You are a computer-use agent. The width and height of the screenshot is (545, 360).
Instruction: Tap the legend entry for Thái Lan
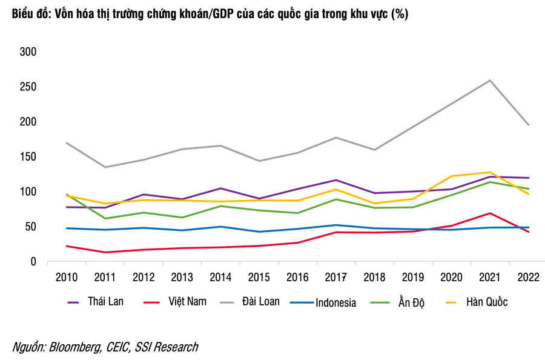click(x=105, y=301)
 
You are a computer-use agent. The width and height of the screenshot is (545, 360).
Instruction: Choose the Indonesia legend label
click(x=335, y=302)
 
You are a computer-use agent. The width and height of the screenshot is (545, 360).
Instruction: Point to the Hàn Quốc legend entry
click(x=486, y=302)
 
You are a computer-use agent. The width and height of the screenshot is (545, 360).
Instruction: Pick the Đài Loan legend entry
click(x=261, y=301)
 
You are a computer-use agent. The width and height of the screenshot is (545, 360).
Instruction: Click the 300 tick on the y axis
click(x=29, y=52)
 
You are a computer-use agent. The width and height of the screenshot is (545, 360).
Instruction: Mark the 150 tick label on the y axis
click(x=29, y=157)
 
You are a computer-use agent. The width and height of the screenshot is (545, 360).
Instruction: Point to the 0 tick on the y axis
click(x=34, y=262)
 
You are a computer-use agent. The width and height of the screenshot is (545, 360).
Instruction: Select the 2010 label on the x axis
click(x=67, y=277)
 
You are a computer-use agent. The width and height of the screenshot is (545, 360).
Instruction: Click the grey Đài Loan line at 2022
click(x=529, y=125)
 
